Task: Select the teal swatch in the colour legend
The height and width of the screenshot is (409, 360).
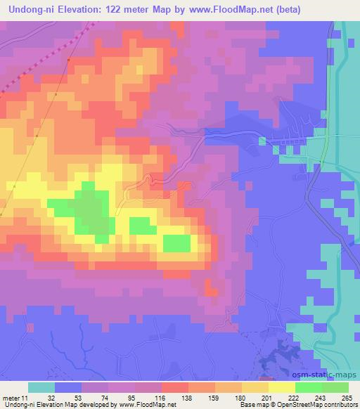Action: coord(41,387)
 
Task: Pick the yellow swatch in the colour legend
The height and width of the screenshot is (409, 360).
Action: coord(281,387)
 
